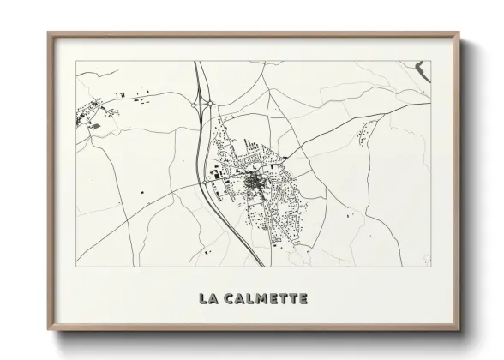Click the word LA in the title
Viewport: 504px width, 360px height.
coord(207,298)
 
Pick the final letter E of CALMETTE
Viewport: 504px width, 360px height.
coord(302,298)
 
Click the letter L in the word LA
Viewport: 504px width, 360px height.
coord(203,298)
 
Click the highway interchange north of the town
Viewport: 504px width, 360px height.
coord(205,105)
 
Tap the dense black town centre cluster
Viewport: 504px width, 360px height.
coord(254,183)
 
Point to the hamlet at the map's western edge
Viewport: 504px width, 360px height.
coord(88,112)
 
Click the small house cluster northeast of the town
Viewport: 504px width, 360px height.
coord(366,133)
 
